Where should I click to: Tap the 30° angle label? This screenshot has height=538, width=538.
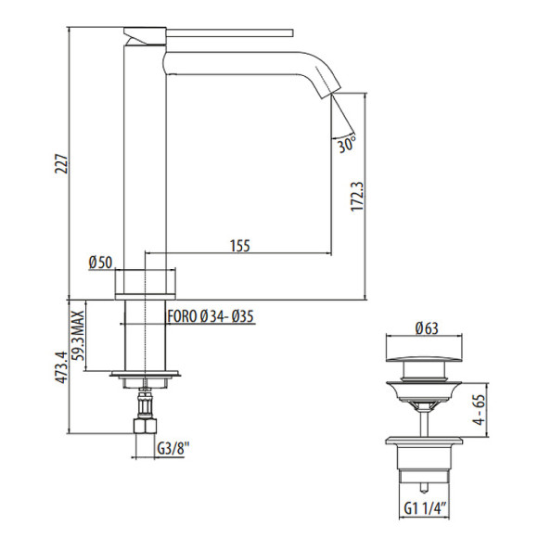(347, 146)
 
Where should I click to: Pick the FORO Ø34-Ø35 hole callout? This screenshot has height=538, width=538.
(211, 316)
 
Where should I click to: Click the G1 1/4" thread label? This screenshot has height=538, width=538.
(427, 506)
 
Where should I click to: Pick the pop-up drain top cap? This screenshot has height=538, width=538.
(426, 352)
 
